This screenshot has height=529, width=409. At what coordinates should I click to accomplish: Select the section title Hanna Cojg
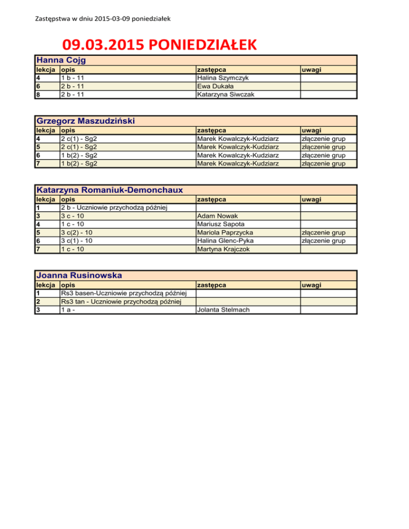[61, 60]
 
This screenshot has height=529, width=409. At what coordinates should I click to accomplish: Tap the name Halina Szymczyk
[222, 78]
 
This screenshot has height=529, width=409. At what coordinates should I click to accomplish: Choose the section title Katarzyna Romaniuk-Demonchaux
[109, 190]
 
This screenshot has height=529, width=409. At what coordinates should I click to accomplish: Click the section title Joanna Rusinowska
[79, 276]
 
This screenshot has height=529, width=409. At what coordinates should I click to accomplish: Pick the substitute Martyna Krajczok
[224, 249]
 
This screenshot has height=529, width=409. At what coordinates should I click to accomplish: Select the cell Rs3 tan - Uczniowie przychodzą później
[121, 302]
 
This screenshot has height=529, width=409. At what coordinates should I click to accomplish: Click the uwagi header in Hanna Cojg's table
[312, 70]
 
